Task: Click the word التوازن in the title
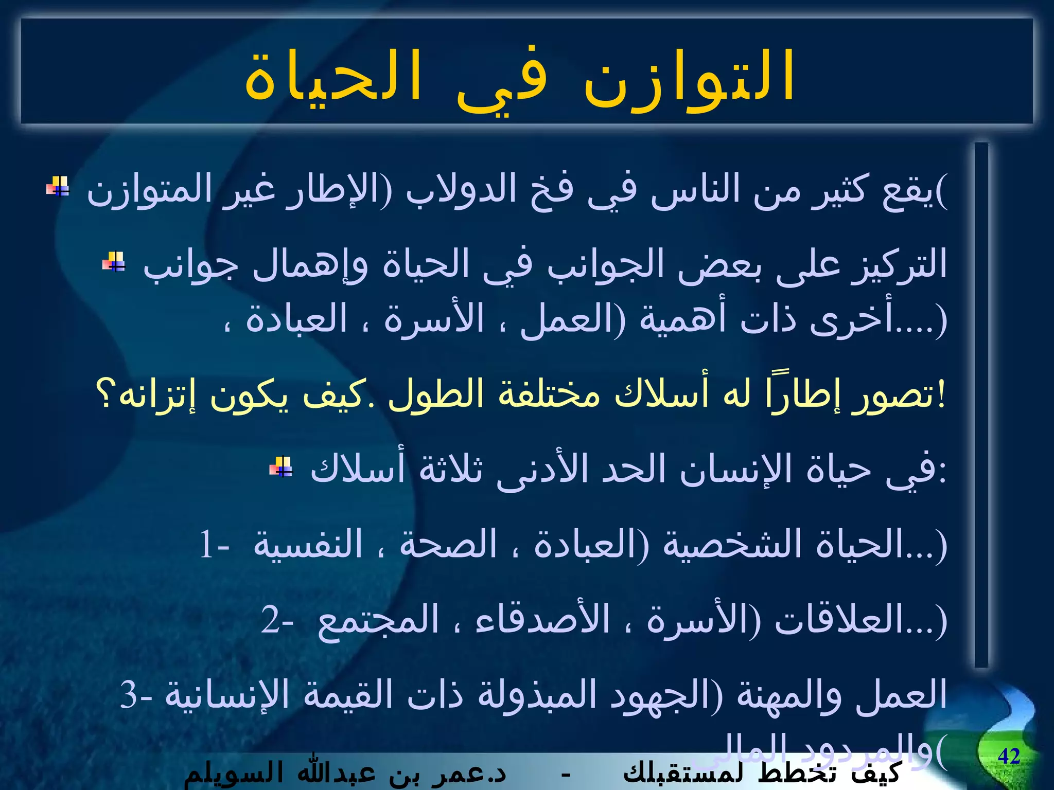(690, 77)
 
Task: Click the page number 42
(1009, 756)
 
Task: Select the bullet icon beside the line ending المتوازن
(58, 186)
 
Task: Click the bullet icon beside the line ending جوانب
(114, 261)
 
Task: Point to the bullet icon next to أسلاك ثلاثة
(281, 466)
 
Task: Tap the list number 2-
(277, 619)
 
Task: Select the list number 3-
(136, 694)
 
